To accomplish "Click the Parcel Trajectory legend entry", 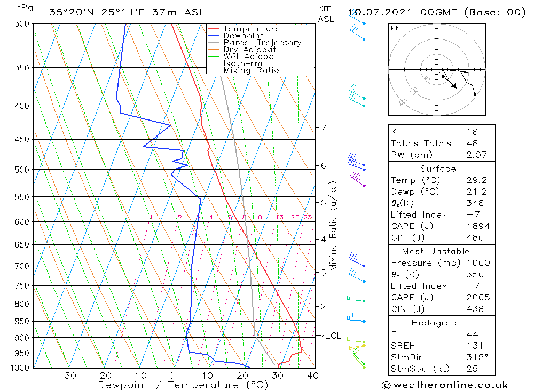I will point(262,43).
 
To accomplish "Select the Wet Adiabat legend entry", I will point(250,57).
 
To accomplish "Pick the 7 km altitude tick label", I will point(323,127).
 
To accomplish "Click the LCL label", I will point(333,336).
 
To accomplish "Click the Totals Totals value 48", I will point(472,143).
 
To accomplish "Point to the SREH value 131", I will point(472,346).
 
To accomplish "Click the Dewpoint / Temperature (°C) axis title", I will point(183,385).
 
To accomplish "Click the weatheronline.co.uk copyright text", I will point(445,385).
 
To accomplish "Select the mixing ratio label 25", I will point(308,217).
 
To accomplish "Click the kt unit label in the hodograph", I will point(394,28).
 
